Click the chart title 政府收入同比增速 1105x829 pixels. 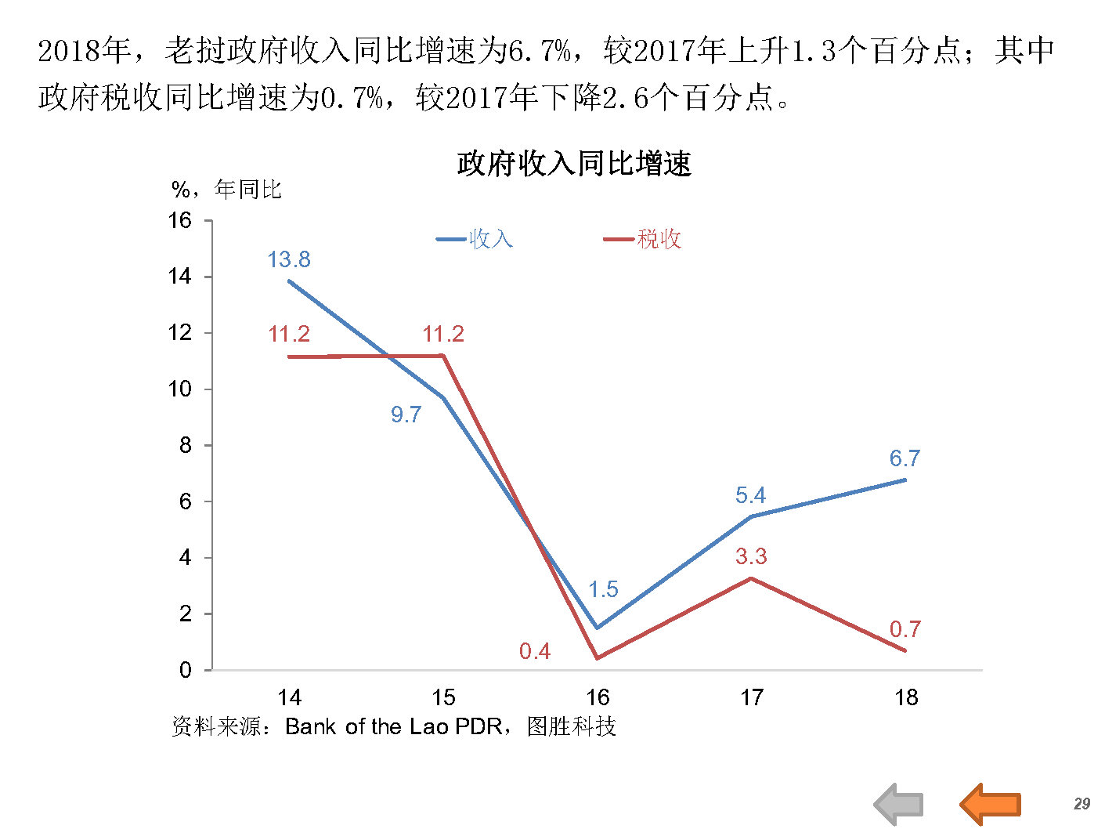tap(574, 165)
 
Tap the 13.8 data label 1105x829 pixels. tap(288, 259)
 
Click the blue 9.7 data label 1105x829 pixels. tap(406, 414)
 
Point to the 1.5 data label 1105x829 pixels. tap(603, 589)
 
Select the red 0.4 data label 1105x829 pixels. tap(535, 651)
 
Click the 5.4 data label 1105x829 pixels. tap(750, 495)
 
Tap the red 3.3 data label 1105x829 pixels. tap(750, 556)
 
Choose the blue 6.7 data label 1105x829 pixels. tap(905, 458)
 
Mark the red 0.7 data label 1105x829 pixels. tap(905, 629)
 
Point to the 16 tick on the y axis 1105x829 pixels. tap(179, 220)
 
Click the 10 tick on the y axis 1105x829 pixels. tap(179, 389)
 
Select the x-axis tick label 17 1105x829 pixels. tap(752, 697)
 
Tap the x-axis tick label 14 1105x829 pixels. tap(289, 697)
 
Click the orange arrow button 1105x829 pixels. tap(991, 804)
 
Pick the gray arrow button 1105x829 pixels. tap(899, 804)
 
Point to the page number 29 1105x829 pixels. tap(1082, 804)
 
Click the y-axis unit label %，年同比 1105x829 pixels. tap(226, 190)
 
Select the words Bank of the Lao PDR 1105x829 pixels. tap(393, 727)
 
